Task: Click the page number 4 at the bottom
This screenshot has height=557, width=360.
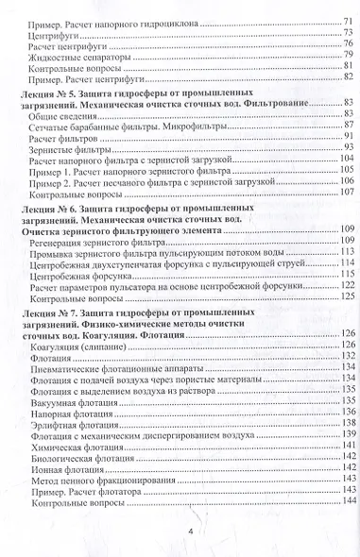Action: click(191, 532)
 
